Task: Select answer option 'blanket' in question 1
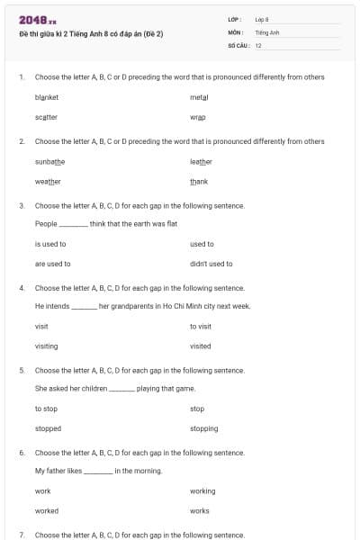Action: (47, 96)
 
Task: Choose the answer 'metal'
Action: (199, 96)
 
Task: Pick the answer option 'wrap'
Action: (198, 117)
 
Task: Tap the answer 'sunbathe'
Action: (49, 161)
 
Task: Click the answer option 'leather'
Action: (201, 161)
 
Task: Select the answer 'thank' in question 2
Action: (199, 182)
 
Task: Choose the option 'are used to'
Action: (52, 264)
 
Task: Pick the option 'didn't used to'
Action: (211, 264)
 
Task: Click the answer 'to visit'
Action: (201, 326)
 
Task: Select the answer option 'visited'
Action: (201, 346)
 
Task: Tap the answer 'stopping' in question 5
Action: (203, 428)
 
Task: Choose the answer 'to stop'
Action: (46, 409)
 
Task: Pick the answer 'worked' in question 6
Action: (48, 510)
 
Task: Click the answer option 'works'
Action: (200, 510)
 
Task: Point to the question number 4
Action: (21, 288)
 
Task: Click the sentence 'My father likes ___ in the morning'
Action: (85, 471)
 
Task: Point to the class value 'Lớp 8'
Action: (263, 19)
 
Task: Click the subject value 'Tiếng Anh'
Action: (267, 31)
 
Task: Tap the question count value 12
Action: (258, 44)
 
